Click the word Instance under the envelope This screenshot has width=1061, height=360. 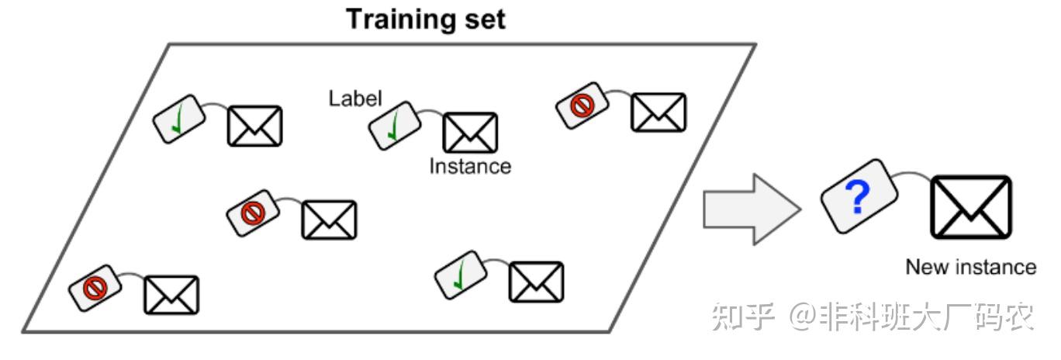tap(470, 166)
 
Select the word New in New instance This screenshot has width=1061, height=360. tap(923, 268)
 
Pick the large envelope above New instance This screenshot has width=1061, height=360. tap(971, 207)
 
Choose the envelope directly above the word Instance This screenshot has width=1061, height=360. tap(469, 133)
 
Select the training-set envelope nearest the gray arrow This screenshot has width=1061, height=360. tap(658, 112)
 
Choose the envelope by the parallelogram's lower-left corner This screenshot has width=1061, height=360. tap(171, 294)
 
